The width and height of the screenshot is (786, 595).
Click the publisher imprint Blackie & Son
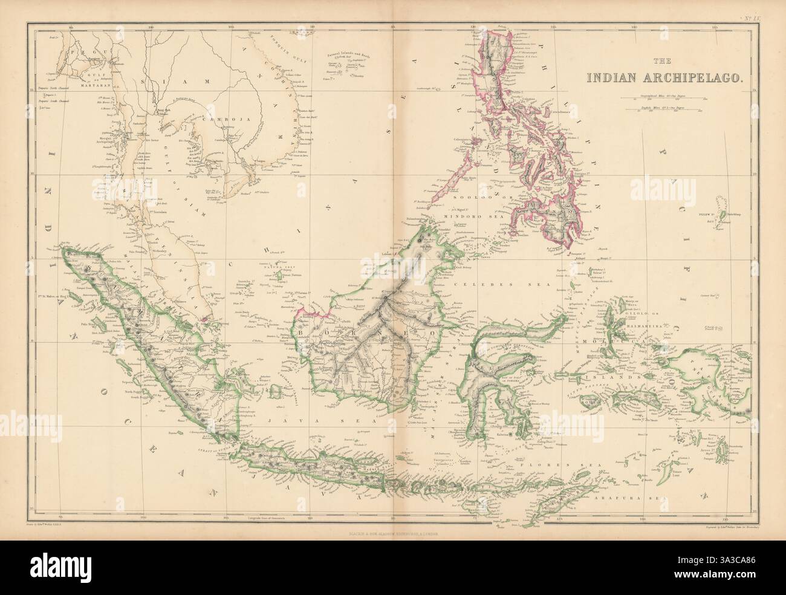pyautogui.click(x=392, y=533)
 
